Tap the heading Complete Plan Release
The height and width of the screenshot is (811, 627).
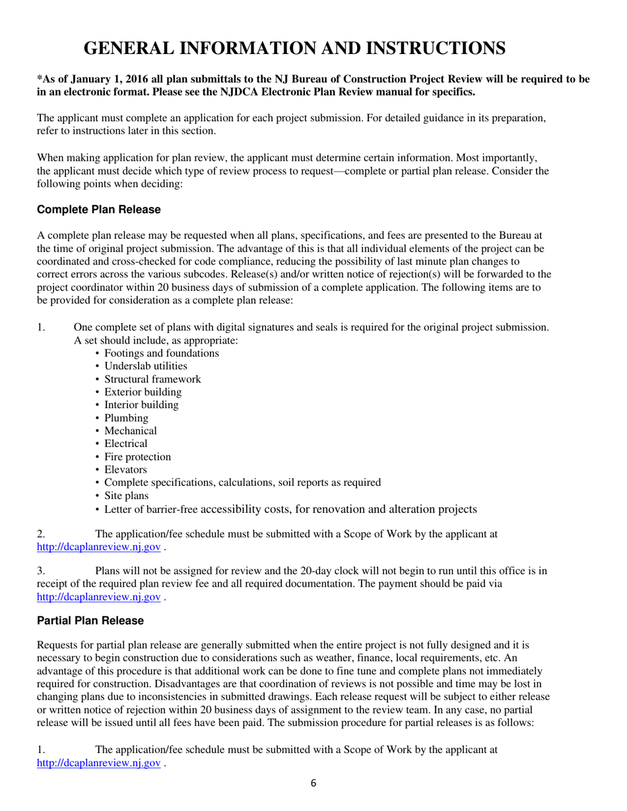[98, 210]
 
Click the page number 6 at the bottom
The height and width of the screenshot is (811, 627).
[313, 783]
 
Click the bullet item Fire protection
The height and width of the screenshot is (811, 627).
[137, 457]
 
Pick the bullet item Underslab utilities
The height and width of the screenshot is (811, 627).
[145, 366]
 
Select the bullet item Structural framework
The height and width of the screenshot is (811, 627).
[152, 379]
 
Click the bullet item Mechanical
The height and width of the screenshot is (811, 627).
[131, 431]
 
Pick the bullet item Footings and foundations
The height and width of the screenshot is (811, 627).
[162, 353]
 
